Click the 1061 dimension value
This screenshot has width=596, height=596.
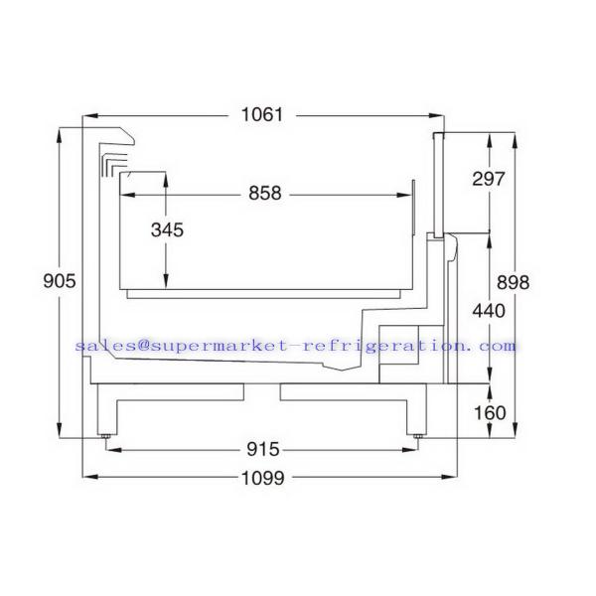tap(262, 115)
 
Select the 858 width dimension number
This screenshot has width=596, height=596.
tap(265, 193)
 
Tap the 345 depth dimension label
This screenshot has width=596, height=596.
tap(167, 230)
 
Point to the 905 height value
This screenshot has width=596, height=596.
tap(60, 281)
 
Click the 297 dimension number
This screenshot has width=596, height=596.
tap(489, 179)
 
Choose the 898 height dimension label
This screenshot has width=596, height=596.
tap(513, 283)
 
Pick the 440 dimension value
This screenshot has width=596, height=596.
tap(489, 311)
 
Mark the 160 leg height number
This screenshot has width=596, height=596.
tap(490, 413)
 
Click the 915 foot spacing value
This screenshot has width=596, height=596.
tap(263, 450)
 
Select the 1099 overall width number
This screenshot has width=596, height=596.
tap(262, 478)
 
